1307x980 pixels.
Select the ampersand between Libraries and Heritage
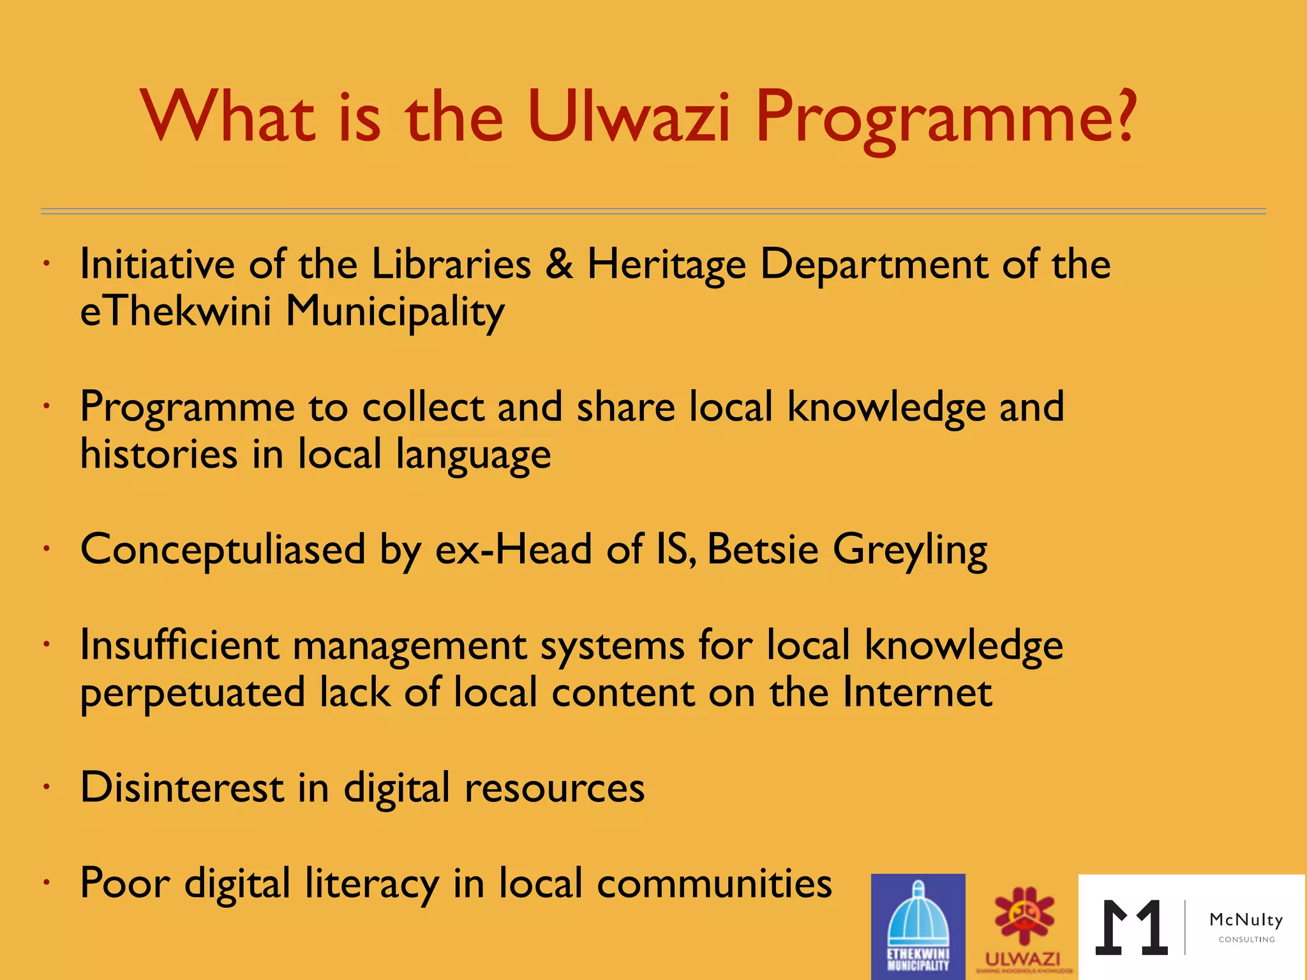(x=559, y=264)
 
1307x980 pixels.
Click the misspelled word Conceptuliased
(x=223, y=550)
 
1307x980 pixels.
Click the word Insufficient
(x=179, y=645)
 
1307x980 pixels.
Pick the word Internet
(x=917, y=692)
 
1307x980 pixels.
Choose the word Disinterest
(x=182, y=787)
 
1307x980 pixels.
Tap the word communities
(x=714, y=884)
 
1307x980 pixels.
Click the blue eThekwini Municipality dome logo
(x=918, y=926)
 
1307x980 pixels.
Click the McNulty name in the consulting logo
(x=1246, y=920)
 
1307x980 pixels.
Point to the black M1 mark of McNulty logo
(x=1131, y=928)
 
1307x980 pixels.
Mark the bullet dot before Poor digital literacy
(x=47, y=883)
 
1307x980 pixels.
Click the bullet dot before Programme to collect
(x=47, y=406)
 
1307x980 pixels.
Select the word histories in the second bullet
(x=159, y=454)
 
